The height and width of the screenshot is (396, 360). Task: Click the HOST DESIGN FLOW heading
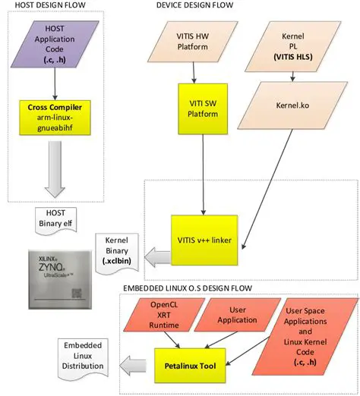click(x=50, y=6)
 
